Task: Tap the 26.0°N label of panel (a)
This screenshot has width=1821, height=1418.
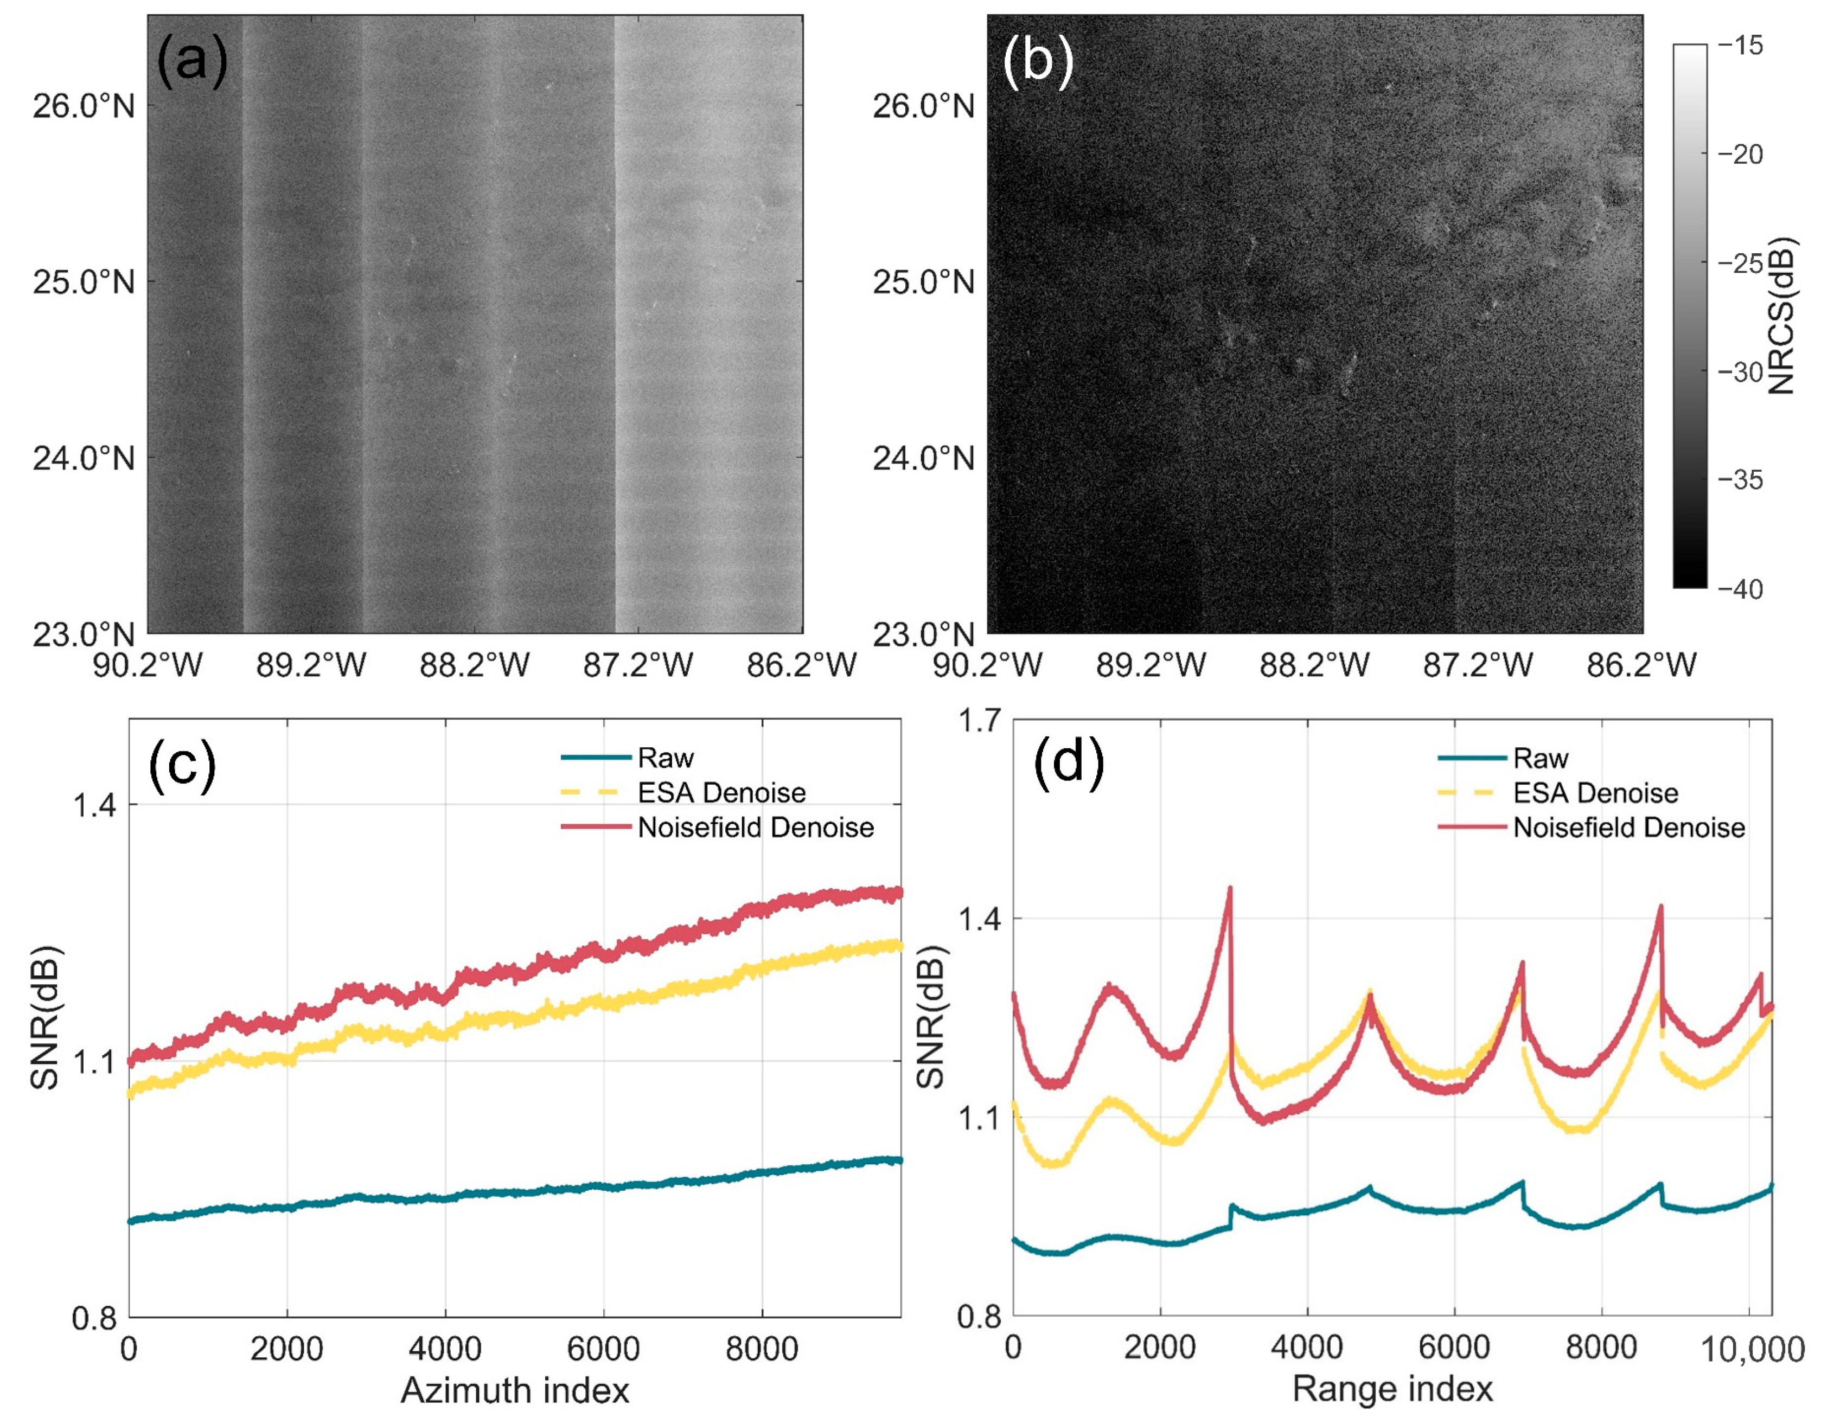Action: coord(84,107)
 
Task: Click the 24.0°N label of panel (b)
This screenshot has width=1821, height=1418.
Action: coord(923,459)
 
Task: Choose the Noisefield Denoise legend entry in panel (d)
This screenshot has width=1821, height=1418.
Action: coord(1628,828)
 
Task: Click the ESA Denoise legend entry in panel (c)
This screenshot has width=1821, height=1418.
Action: coord(721,793)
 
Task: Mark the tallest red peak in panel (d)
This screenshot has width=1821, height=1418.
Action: coord(1230,889)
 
